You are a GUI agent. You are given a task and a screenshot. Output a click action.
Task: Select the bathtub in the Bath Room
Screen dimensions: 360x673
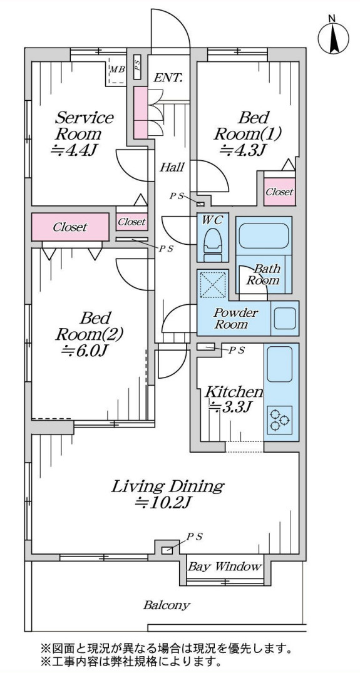[264, 235]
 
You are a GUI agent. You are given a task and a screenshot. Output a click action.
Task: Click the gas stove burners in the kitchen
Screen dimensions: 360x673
[279, 419]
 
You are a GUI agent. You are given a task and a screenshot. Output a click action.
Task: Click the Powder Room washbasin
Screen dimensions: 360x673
[284, 318]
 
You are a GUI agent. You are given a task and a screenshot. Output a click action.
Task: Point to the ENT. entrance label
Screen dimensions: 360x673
[168, 78]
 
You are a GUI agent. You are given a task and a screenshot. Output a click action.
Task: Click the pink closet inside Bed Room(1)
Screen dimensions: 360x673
[279, 192]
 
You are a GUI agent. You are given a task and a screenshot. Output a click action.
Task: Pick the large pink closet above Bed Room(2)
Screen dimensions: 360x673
[70, 227]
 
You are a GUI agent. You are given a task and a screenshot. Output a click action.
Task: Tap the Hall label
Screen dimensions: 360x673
[172, 167]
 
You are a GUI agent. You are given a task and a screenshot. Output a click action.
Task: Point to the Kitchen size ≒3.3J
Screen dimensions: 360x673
[230, 406]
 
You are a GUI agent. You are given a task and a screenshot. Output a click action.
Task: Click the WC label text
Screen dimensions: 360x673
[212, 220]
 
